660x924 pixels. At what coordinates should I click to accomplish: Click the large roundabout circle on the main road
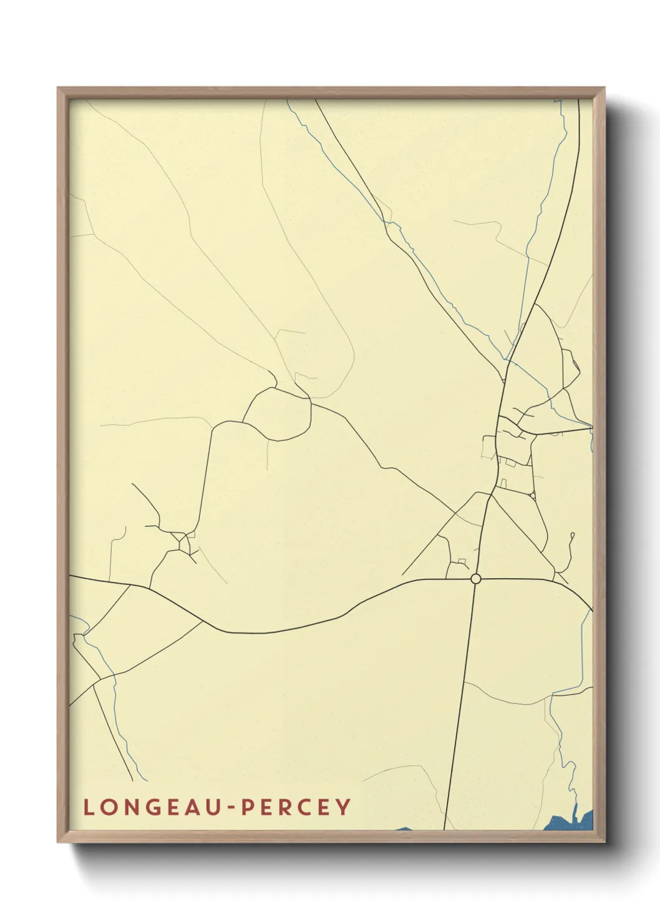(x=476, y=579)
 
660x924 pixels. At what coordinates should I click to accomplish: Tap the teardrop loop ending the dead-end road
(x=572, y=535)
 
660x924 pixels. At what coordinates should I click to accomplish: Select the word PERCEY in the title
(x=296, y=807)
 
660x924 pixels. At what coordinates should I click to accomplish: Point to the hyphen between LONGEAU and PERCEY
(x=230, y=808)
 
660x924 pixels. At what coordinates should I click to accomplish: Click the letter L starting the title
(x=88, y=807)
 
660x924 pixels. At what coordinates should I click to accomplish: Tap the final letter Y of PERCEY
(x=343, y=807)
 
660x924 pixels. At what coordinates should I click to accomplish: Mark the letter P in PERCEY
(x=247, y=807)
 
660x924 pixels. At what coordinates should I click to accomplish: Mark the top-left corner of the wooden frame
(x=58, y=88)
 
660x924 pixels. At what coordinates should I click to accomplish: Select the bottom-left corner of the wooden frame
(x=58, y=841)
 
